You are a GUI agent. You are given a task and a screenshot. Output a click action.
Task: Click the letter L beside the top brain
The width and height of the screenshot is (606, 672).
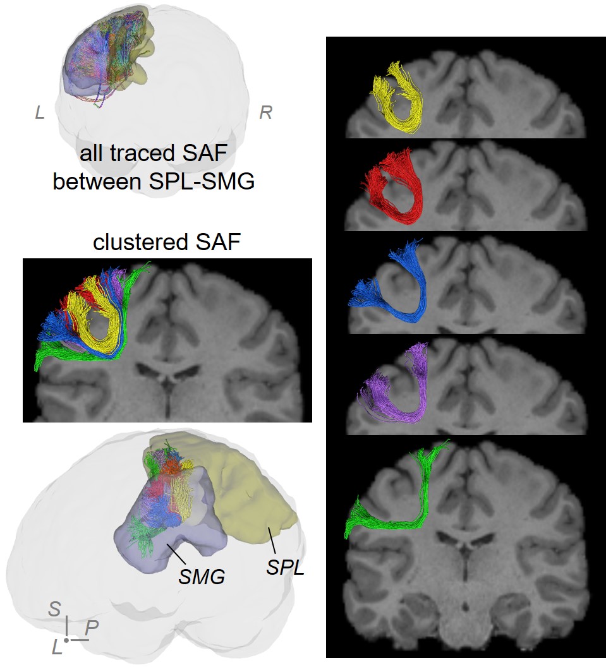[x=40, y=113]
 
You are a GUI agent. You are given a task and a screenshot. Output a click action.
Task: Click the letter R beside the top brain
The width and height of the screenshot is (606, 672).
[x=266, y=113]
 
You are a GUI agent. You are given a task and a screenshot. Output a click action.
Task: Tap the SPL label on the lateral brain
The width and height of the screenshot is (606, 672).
[x=285, y=567]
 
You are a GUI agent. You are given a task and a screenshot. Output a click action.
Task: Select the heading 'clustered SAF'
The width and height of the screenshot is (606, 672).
[x=167, y=243]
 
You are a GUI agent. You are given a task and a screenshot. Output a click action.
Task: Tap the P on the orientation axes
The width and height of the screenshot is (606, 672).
[x=91, y=628]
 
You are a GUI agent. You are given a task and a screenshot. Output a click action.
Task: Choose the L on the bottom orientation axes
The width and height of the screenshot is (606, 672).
[x=57, y=647]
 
